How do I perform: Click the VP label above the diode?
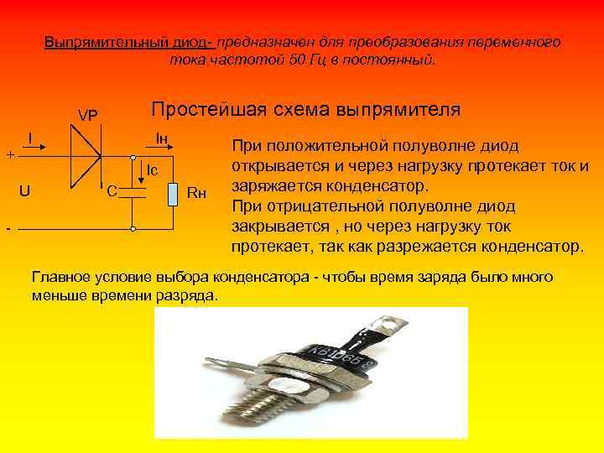point(87,115)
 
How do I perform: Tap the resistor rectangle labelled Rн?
point(173,192)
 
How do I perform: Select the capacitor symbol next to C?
point(133,192)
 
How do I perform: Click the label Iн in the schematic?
point(162,137)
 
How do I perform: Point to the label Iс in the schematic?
point(152,170)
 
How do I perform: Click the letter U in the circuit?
point(26,190)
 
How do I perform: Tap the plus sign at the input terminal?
point(9,154)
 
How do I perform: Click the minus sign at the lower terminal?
point(8,228)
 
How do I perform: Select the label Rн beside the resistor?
point(195,193)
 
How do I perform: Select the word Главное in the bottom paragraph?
point(61,277)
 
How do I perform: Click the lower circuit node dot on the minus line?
point(133,228)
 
